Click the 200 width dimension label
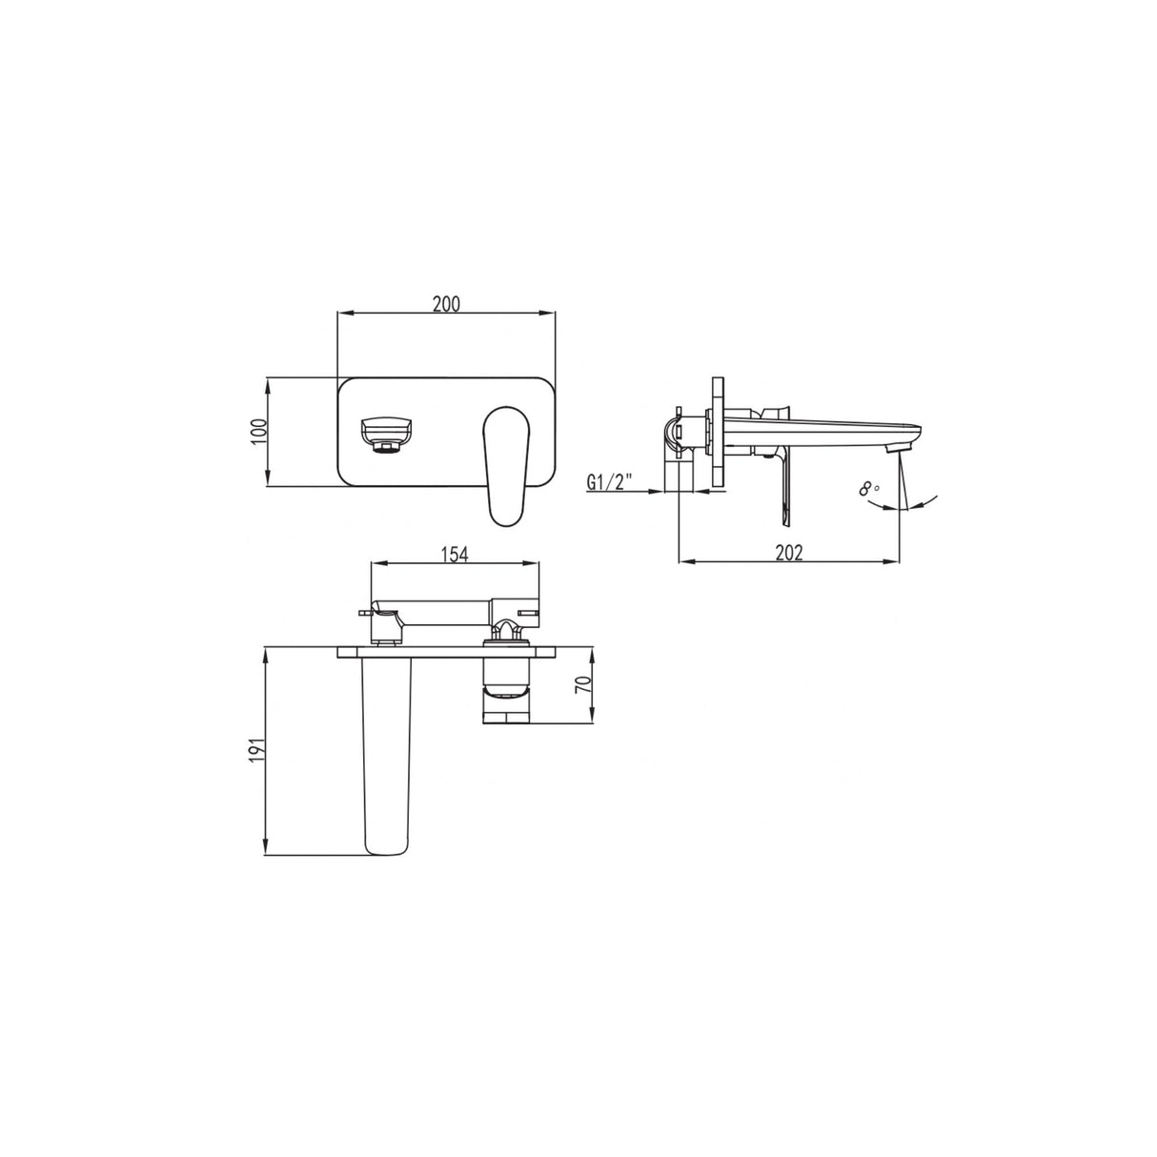(446, 304)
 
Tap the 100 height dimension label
(255, 432)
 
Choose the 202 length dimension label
(789, 552)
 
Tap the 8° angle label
(868, 490)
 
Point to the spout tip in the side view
(897, 446)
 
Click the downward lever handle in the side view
(785, 486)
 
